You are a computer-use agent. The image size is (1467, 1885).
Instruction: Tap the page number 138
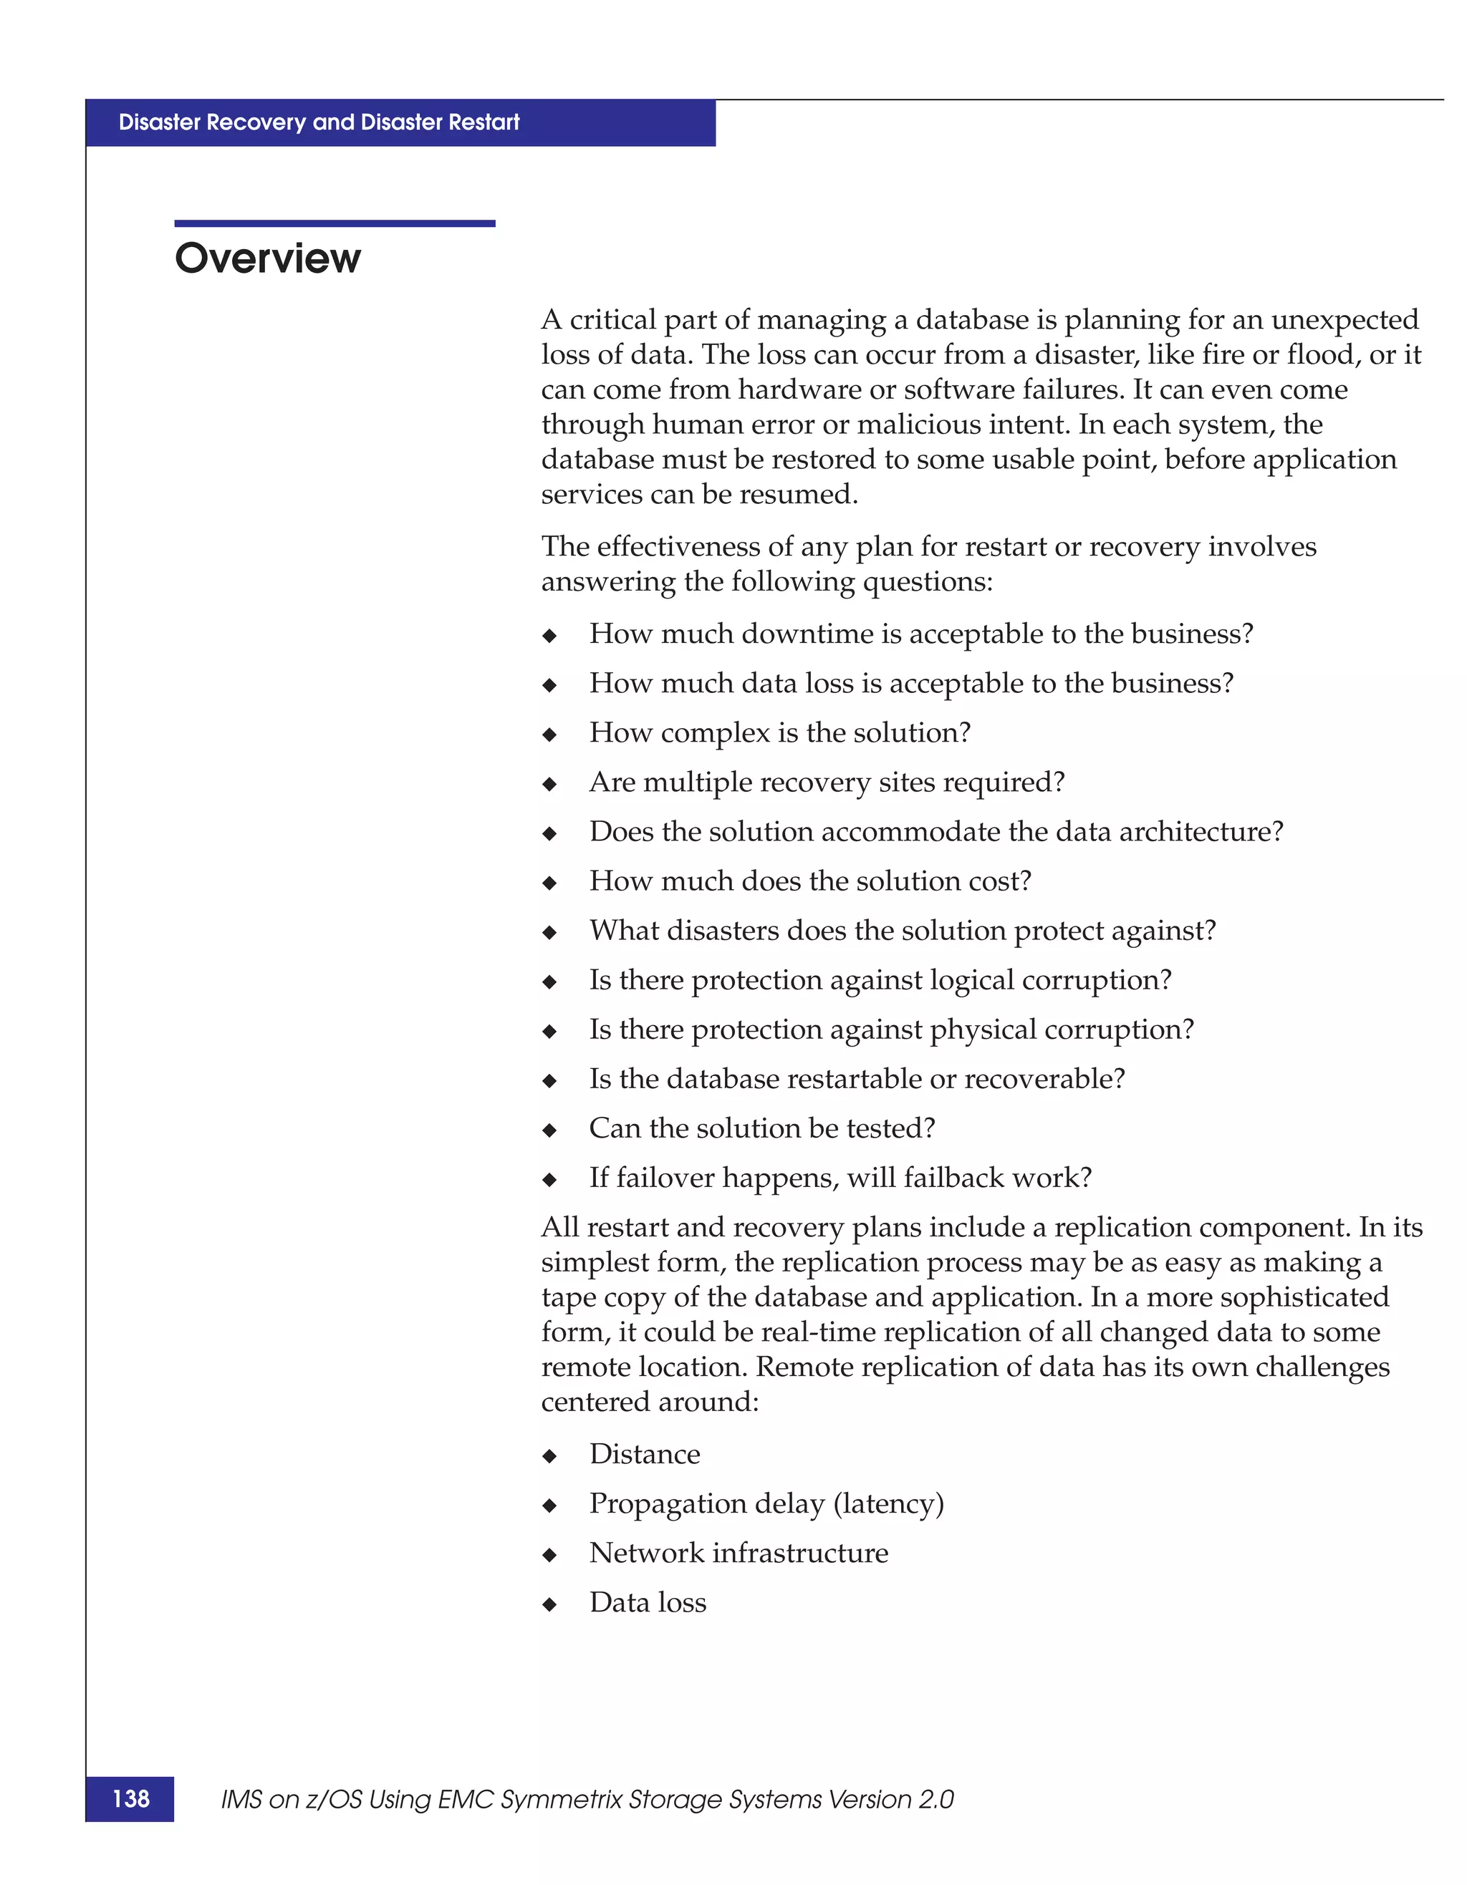point(130,1798)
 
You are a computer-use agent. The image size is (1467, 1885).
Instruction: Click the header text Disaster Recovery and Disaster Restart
point(319,122)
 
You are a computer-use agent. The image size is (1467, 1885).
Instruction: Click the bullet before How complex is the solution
point(549,735)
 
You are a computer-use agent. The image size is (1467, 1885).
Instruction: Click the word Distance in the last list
point(644,1453)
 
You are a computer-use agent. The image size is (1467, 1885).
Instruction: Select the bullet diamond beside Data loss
point(549,1605)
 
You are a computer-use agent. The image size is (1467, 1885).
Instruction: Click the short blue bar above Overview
point(335,223)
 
